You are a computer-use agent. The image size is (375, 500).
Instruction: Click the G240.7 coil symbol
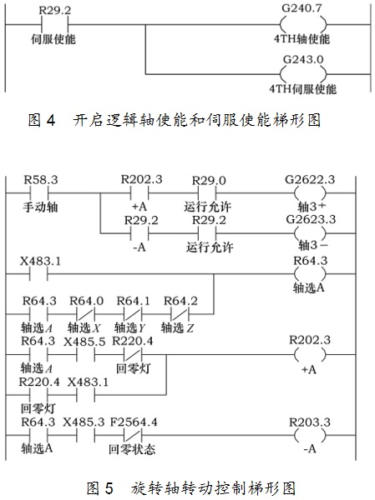click(303, 24)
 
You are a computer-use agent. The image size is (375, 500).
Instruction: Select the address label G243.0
click(303, 60)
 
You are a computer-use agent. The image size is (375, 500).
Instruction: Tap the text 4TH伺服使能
click(302, 88)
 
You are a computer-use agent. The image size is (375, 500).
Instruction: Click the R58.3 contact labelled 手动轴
click(39, 193)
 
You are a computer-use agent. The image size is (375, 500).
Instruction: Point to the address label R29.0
click(209, 181)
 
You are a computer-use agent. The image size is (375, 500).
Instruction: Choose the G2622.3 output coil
click(310, 193)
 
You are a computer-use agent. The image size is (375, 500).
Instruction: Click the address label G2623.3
click(311, 219)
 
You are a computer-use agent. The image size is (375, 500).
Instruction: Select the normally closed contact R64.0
click(86, 314)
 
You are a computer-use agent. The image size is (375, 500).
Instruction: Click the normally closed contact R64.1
click(133, 314)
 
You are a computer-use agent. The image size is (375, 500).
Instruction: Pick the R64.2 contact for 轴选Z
click(180, 314)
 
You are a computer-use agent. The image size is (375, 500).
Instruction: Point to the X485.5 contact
click(86, 354)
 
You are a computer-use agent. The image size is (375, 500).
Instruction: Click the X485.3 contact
click(86, 435)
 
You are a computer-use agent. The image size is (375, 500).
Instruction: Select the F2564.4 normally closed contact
click(133, 435)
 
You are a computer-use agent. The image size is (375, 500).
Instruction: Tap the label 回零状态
click(132, 449)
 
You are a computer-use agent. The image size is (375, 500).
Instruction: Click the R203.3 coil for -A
click(310, 435)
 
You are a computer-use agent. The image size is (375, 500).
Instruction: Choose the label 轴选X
click(84, 327)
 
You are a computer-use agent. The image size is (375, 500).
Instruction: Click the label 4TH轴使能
click(302, 39)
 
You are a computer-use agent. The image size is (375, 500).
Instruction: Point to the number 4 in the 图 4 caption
click(50, 120)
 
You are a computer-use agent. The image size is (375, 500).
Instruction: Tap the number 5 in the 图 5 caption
click(109, 488)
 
